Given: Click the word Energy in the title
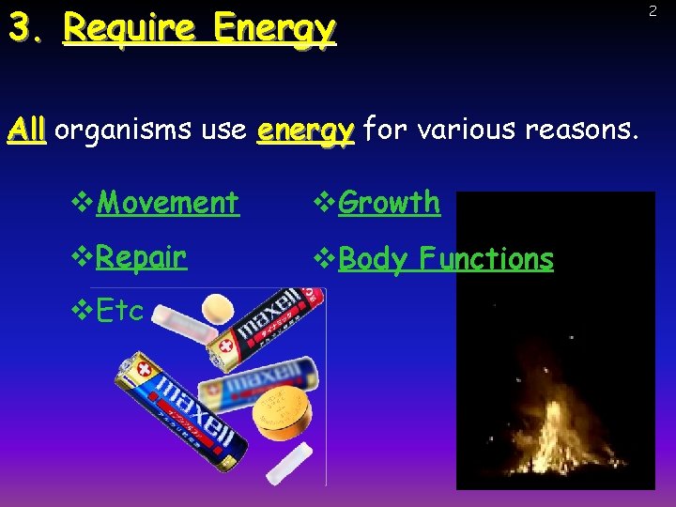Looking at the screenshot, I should click(x=273, y=30).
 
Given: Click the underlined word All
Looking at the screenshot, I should click(x=26, y=131).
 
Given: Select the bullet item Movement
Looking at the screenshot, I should click(x=167, y=202).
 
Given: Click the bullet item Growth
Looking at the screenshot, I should click(x=389, y=202).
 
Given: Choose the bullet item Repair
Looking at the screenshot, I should click(x=141, y=257).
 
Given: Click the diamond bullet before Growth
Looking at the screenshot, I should click(x=319, y=202).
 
